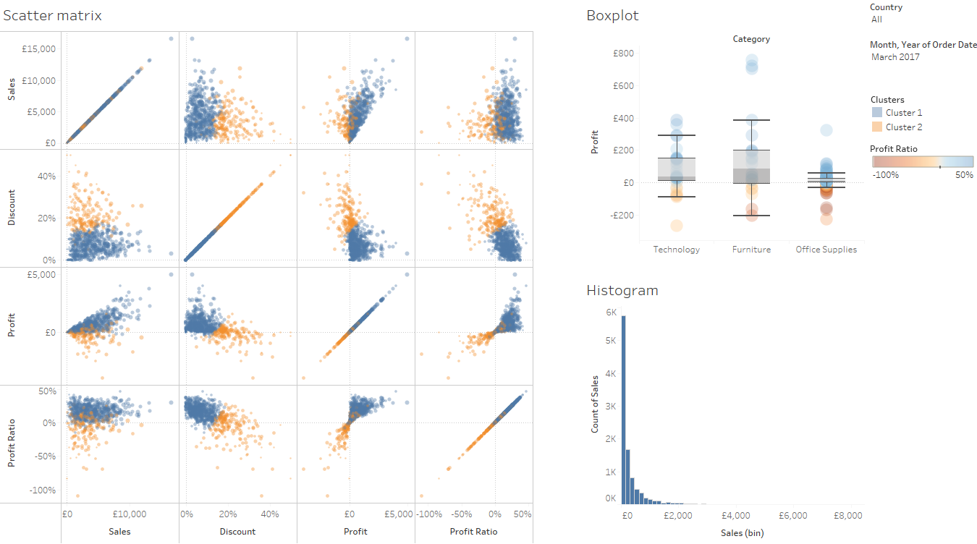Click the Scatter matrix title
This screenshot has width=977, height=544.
pos(52,15)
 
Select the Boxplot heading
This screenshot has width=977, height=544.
pos(612,15)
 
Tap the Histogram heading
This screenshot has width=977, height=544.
pos(622,290)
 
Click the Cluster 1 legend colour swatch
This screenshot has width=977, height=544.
pos(876,113)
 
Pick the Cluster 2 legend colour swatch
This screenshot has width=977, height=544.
pos(876,127)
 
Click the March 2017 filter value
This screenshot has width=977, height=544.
pos(895,57)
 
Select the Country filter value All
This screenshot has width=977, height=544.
pos(876,20)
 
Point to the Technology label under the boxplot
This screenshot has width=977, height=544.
pos(676,250)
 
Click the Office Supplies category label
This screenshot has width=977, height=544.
pos(826,250)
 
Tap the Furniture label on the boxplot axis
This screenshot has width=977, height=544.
pos(751,250)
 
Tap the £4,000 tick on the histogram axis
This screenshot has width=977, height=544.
pos(735,517)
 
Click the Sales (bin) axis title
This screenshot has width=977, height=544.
pos(742,533)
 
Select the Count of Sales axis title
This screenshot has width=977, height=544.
pos(595,404)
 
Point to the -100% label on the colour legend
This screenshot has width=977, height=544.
pos(884,175)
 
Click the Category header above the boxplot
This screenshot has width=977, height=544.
pos(751,39)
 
